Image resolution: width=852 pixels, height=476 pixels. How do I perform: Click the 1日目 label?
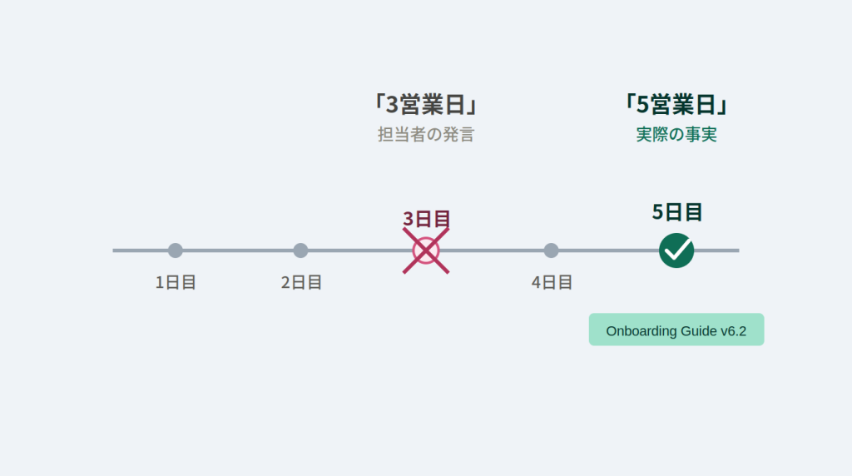[175, 283]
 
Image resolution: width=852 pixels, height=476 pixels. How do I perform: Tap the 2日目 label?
[300, 283]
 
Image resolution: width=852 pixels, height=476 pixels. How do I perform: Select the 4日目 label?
[551, 283]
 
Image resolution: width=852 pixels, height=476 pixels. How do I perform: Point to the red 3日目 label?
[426, 218]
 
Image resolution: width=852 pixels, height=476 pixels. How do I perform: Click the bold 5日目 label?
[676, 212]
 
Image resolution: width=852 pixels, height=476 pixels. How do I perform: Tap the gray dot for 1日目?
[175, 250]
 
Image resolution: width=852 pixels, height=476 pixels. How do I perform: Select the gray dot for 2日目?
[300, 250]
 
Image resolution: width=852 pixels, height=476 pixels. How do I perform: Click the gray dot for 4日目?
[551, 250]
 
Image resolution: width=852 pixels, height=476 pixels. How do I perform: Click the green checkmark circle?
[676, 250]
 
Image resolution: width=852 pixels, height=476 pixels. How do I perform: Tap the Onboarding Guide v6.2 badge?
[676, 330]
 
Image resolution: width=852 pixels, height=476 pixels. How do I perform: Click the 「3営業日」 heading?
[426, 104]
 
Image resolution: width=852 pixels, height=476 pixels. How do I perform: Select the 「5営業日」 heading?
[676, 104]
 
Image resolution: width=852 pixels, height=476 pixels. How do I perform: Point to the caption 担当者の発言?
[426, 134]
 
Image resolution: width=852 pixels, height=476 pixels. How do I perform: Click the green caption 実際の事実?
[676, 134]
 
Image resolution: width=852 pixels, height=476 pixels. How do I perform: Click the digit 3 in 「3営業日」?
[392, 104]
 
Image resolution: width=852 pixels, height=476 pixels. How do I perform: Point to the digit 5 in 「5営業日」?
[642, 104]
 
